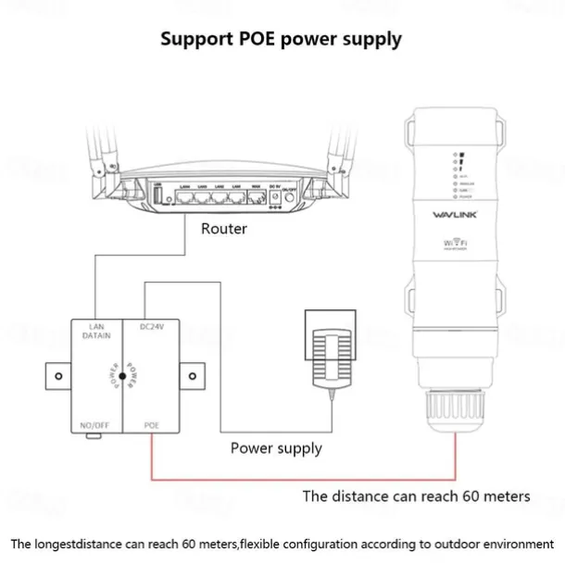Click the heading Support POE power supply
pyautogui.click(x=281, y=39)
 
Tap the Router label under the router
pyautogui.click(x=224, y=228)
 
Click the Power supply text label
pyautogui.click(x=276, y=448)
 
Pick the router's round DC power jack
pyautogui.click(x=274, y=196)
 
